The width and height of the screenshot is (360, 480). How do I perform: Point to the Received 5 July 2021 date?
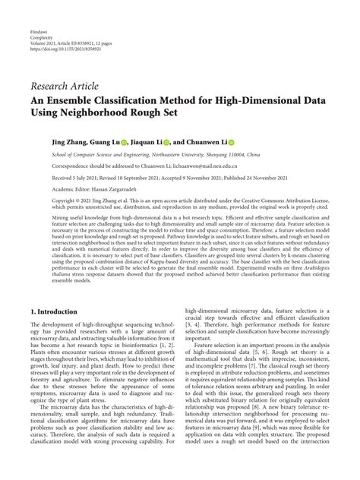(52, 176)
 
